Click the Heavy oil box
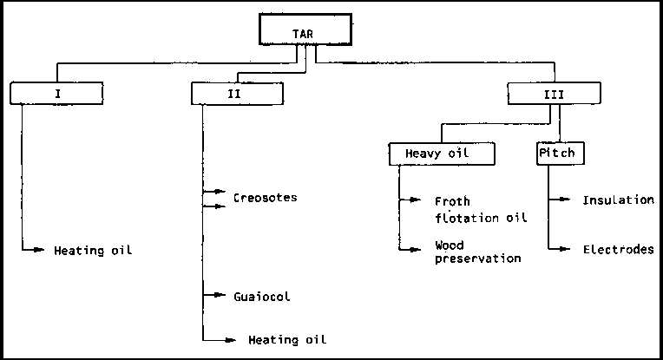tap(442, 154)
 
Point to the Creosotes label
tap(265, 197)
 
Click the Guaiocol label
tap(261, 296)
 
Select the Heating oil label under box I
tap(94, 251)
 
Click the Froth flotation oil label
tap(481, 209)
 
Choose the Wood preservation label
tap(477, 252)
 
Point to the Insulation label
tap(618, 200)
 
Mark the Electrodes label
tap(618, 249)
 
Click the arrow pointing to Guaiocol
tap(213, 296)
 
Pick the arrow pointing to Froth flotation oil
tap(410, 201)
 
